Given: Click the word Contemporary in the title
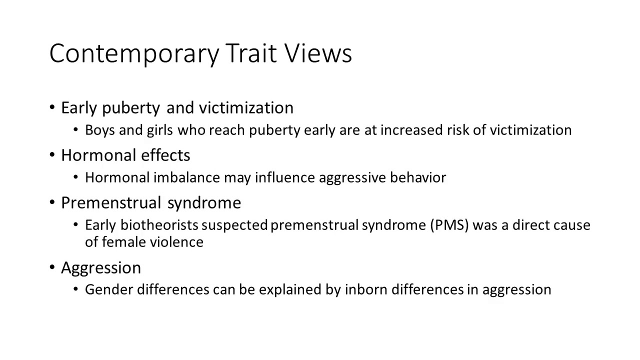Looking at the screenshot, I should tap(134, 54).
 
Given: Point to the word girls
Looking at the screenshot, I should tap(159, 130).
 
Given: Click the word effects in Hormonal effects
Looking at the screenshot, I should tap(165, 155).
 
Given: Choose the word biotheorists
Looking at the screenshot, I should tap(159, 225).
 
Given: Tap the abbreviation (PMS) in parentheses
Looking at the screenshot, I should tap(449, 225).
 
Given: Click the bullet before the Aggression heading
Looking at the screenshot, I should tap(52, 267).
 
